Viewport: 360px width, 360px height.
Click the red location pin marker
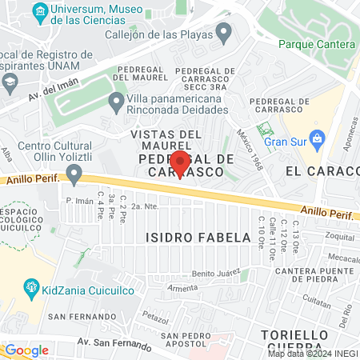coord(180,163)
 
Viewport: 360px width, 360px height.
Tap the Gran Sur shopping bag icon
coord(317,138)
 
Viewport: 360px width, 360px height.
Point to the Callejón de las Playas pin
coord(224,34)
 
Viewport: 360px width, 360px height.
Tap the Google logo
coord(26,350)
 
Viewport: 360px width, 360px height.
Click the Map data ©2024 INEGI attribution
coord(312,354)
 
